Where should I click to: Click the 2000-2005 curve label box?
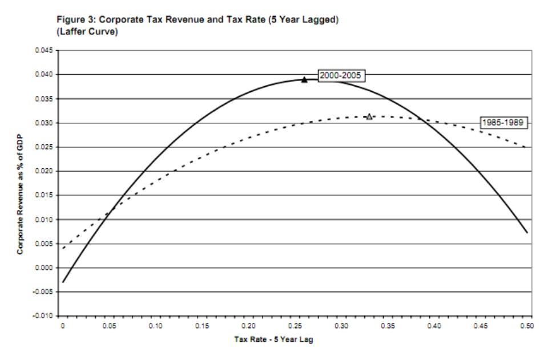tap(341, 75)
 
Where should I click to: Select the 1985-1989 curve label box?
tap(502, 123)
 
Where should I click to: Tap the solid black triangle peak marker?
tap(304, 79)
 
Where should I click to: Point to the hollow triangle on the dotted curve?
tap(369, 116)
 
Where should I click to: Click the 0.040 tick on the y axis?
tap(45, 75)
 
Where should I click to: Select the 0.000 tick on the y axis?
tap(45, 268)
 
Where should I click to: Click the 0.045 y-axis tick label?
tap(45, 51)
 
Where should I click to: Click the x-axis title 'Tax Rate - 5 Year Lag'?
tap(273, 339)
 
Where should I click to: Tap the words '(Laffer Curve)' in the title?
tap(88, 30)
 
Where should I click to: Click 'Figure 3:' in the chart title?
tap(72, 19)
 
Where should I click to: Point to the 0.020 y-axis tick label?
tap(45, 171)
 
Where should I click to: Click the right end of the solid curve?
tap(526, 232)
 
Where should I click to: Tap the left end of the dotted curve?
tap(63, 248)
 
